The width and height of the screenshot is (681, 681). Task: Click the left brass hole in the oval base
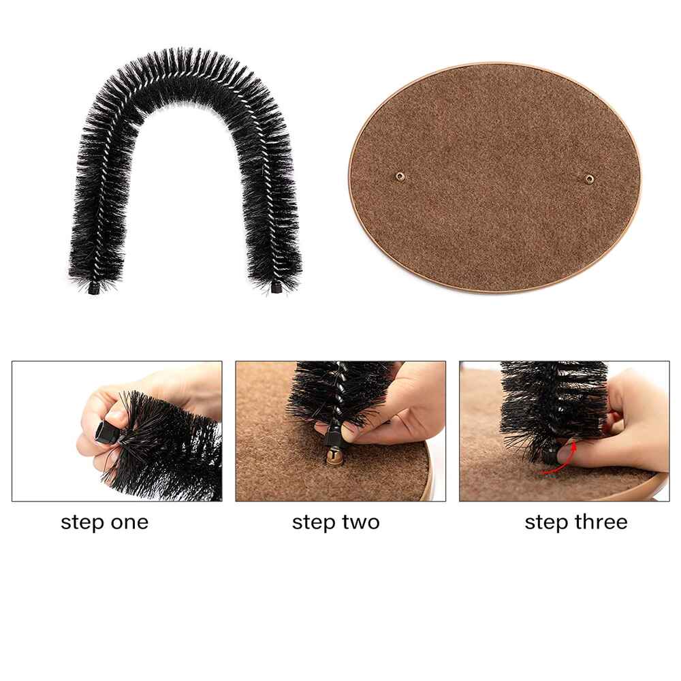(x=400, y=176)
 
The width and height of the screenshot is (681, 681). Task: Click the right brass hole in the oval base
(x=589, y=178)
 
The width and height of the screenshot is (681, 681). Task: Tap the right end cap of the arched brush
(x=276, y=287)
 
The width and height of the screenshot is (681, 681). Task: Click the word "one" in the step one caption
(x=129, y=522)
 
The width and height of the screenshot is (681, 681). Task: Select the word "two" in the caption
(x=360, y=522)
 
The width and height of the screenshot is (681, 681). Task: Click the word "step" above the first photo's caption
(x=82, y=523)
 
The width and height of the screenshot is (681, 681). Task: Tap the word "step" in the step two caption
(x=313, y=523)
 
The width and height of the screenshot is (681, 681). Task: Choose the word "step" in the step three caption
(x=546, y=523)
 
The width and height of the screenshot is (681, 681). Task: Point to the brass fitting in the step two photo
(x=334, y=457)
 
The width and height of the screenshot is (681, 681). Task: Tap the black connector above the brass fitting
(x=333, y=436)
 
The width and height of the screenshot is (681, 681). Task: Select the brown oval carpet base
(x=495, y=177)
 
